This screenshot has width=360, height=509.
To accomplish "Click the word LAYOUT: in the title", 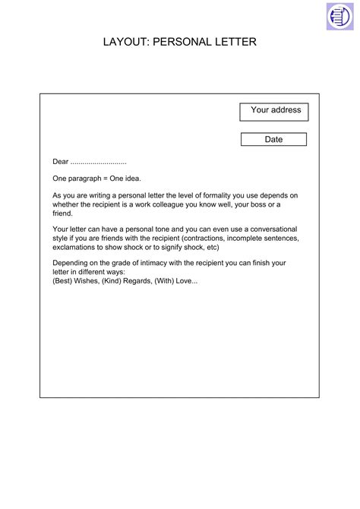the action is [x=126, y=43].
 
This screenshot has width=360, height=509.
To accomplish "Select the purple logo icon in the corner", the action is [x=339, y=16].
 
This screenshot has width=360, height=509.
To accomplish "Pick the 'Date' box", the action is [x=273, y=140].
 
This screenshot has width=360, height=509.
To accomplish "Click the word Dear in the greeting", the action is [x=60, y=162].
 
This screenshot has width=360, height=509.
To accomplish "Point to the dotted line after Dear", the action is [x=98, y=163].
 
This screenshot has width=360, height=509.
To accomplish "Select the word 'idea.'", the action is [x=132, y=179].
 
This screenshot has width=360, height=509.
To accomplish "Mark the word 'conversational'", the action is [x=270, y=229].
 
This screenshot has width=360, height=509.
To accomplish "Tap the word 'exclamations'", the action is [x=77, y=247].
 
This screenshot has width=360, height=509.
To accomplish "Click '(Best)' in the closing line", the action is [x=63, y=281].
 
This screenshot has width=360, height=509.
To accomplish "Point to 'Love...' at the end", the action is [x=185, y=281].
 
